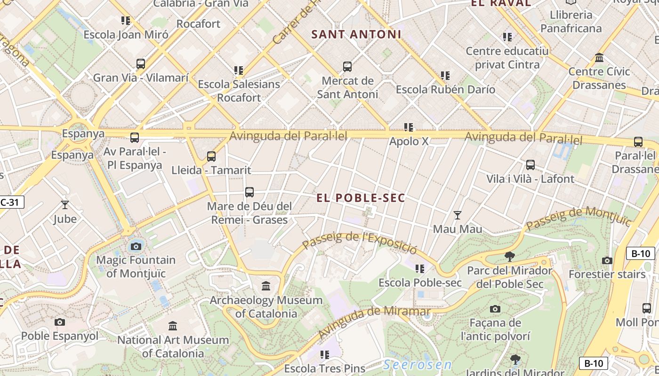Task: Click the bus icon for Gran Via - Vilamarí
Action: (140, 64)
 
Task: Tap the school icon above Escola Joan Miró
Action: (125, 21)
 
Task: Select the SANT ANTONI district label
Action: (356, 34)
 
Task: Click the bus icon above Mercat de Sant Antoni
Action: (347, 67)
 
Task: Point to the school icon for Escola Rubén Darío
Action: (445, 75)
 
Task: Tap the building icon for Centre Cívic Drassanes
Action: (599, 58)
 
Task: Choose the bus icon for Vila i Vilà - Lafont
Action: (530, 165)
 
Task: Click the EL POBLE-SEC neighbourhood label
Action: (361, 198)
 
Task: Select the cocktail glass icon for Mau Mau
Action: (457, 215)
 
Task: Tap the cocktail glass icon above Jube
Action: (65, 205)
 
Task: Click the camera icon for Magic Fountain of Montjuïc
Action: (136, 246)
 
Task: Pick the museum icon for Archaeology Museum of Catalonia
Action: (266, 286)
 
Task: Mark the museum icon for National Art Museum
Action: (173, 326)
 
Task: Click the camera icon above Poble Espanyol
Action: (60, 322)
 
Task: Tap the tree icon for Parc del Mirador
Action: (509, 257)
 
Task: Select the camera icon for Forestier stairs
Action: (607, 260)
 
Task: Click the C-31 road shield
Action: (10, 203)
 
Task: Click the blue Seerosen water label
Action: (417, 365)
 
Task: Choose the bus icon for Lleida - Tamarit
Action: (211, 157)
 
